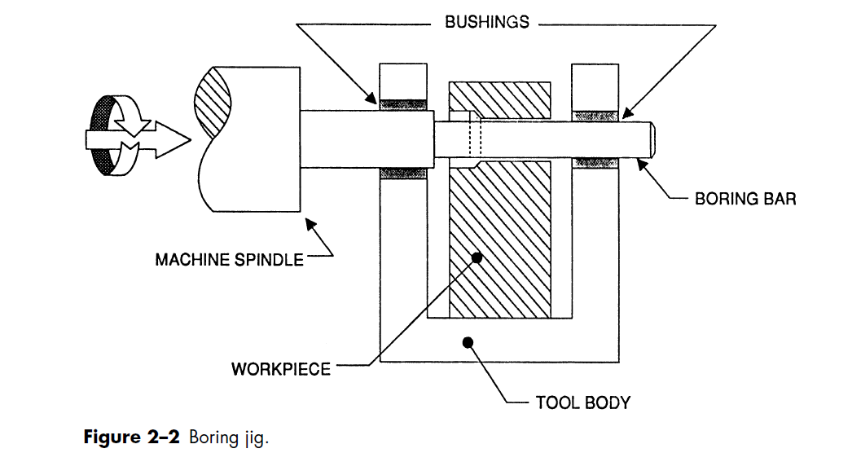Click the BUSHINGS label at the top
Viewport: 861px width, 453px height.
point(486,23)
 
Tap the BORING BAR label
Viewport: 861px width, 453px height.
point(745,198)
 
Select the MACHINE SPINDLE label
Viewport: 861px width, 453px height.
point(229,260)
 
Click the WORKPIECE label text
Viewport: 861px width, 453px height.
point(281,369)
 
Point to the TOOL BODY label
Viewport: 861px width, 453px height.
point(582,402)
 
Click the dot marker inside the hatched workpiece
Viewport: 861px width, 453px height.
point(477,257)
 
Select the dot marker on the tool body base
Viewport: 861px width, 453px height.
point(468,341)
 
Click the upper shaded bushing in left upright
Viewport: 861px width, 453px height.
point(403,103)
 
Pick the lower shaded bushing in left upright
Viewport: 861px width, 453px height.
point(403,173)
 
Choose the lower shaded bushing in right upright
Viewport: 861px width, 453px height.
point(595,163)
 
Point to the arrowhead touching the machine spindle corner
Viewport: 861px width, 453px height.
point(310,223)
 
